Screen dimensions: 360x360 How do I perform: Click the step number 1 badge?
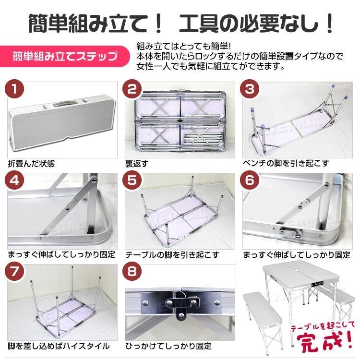tap(14, 89)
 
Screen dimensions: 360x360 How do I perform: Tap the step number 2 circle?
tap(132, 89)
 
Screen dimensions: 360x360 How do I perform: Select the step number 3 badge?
tap(250, 89)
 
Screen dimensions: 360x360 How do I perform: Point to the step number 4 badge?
tap(14, 180)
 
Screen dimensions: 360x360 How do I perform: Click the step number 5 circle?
tap(132, 180)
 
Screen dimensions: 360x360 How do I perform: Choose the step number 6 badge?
tap(250, 180)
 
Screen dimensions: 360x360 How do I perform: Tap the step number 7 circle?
tap(14, 272)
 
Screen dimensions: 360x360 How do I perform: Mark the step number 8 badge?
tap(132, 272)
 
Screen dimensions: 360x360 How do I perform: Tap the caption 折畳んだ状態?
tap(32, 164)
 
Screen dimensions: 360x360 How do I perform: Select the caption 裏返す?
tap(137, 164)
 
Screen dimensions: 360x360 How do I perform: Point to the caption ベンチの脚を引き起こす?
tap(286, 163)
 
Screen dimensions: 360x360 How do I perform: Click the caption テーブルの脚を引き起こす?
tap(172, 254)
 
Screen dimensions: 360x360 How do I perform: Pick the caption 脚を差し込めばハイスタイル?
tap(58, 346)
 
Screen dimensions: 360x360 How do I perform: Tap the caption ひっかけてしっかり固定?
tap(168, 346)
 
